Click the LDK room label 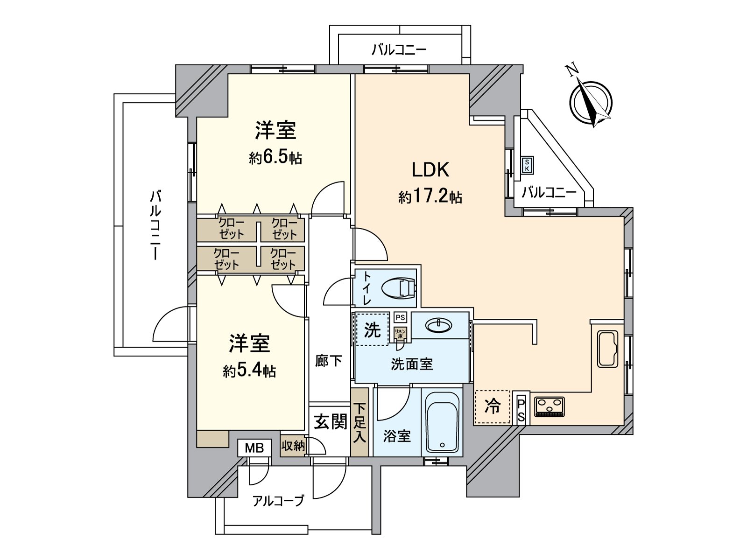(x=430, y=170)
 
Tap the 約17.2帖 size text (x=430, y=197)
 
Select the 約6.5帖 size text (x=275, y=158)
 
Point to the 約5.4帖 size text (x=249, y=371)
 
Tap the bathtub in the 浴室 (x=442, y=421)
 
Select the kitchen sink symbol (x=607, y=349)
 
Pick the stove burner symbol (x=549, y=406)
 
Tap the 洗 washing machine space (x=372, y=329)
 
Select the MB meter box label (x=254, y=448)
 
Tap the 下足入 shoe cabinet (x=359, y=422)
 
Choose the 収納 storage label (x=293, y=446)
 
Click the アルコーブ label (x=278, y=501)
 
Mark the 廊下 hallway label (x=329, y=361)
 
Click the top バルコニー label (x=399, y=49)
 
